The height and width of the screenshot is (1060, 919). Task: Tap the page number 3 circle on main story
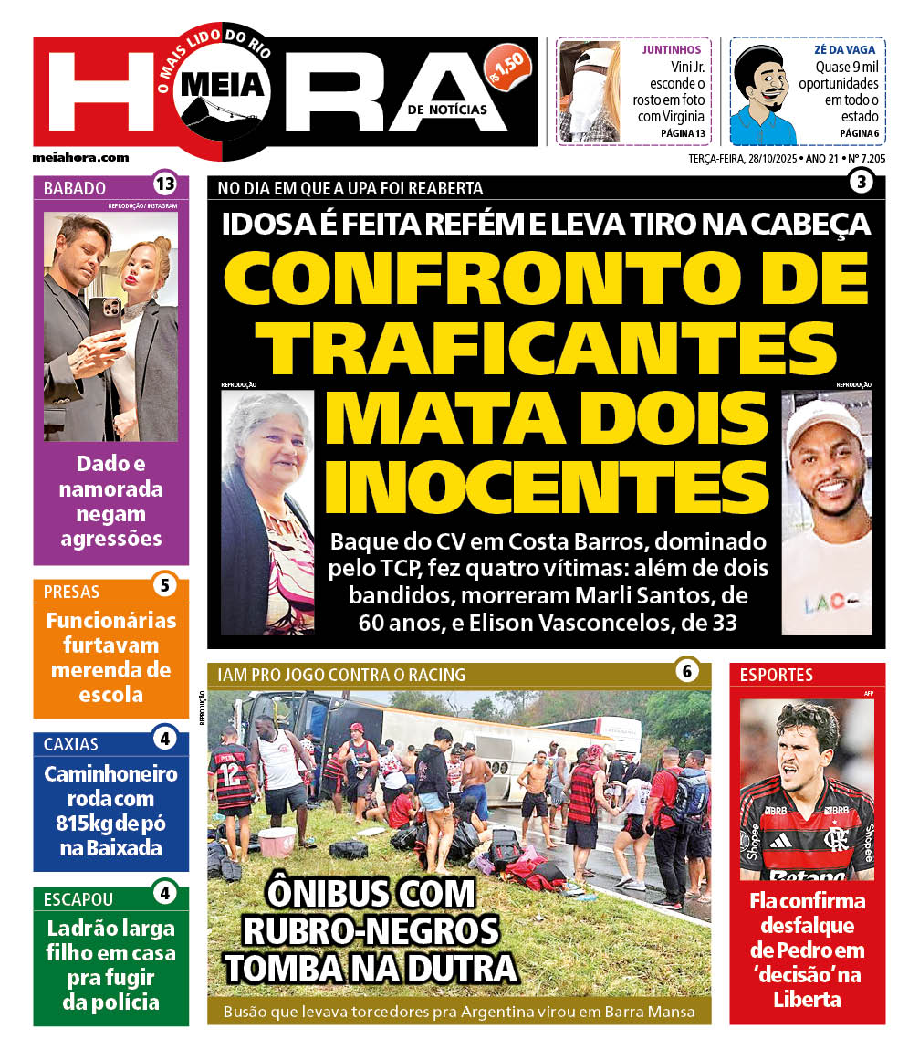[861, 182]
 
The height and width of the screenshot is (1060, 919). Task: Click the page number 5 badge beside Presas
[164, 585]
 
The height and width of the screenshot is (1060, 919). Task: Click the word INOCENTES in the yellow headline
[547, 487]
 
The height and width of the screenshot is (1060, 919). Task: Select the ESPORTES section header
[777, 676]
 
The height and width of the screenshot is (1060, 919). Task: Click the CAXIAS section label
[71, 743]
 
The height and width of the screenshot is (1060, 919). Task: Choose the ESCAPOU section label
[78, 898]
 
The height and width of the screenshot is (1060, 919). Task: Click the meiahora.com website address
[80, 157]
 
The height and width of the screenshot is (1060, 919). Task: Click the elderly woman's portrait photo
[266, 511]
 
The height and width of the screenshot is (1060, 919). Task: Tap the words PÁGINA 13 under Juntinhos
[683, 133]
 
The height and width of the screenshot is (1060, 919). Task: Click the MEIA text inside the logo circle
[224, 85]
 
